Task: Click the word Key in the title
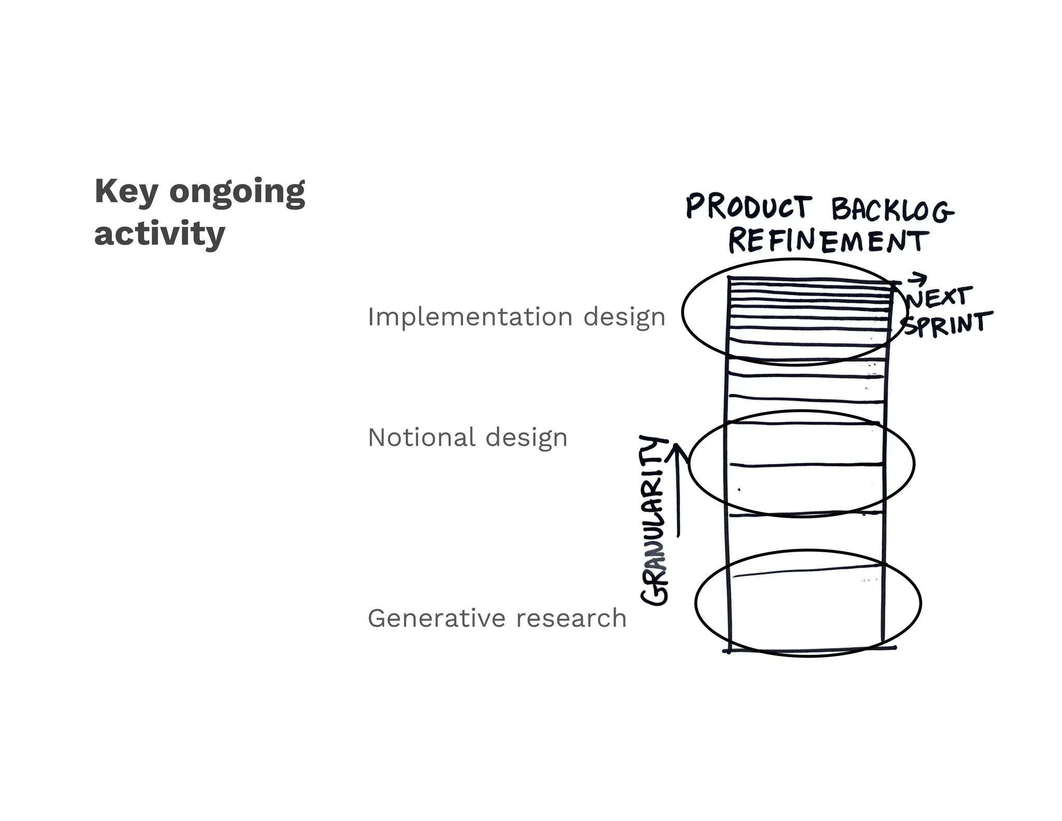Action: click(126, 191)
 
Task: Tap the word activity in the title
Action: click(160, 235)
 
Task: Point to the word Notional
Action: click(422, 437)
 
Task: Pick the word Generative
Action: click(437, 618)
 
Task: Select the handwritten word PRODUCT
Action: click(748, 207)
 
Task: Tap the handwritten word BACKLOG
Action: click(892, 210)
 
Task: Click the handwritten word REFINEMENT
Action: click(828, 241)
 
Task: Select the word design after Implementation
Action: click(624, 317)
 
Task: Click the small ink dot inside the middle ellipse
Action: click(739, 489)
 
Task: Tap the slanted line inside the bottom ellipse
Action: click(806, 570)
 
